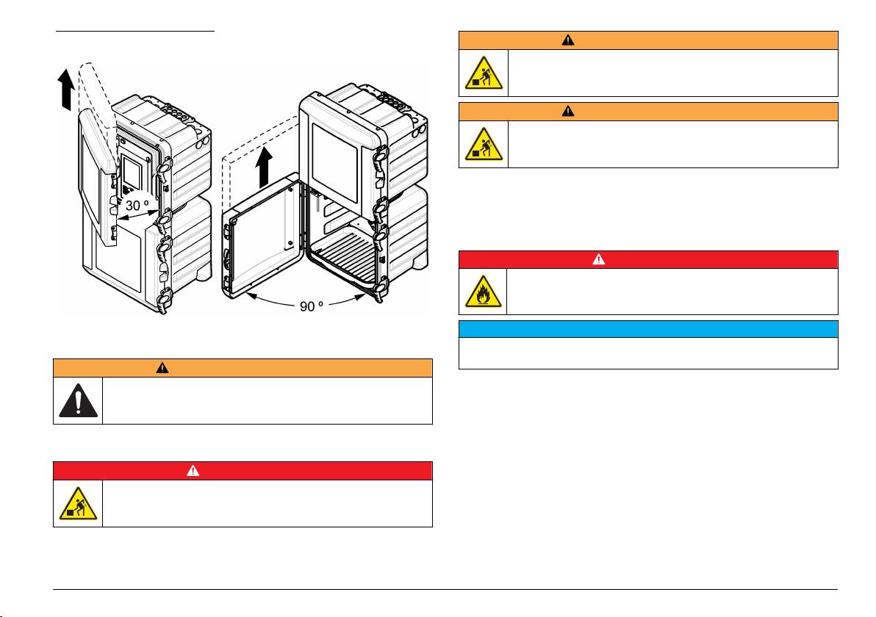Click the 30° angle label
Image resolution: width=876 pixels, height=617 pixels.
[136, 206]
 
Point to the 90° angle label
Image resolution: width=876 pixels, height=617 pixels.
[311, 306]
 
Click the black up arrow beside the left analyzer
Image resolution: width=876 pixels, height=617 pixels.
[66, 90]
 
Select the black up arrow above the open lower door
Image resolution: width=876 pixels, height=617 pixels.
[264, 167]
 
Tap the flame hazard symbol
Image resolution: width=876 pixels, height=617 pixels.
[484, 292]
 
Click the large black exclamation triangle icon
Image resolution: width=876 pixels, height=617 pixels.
[78, 400]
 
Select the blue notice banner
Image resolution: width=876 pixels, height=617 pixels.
[648, 329]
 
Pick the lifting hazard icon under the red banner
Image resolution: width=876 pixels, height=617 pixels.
[78, 504]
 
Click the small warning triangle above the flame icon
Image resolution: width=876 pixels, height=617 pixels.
[598, 259]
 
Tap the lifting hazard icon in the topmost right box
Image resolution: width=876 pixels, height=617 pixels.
[484, 73]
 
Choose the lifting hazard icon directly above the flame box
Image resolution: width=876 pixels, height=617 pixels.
[484, 144]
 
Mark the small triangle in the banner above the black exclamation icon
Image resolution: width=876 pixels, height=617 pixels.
[162, 367]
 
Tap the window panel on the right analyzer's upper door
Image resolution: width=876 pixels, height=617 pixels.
[334, 162]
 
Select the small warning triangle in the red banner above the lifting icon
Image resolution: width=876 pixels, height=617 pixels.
[193, 470]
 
